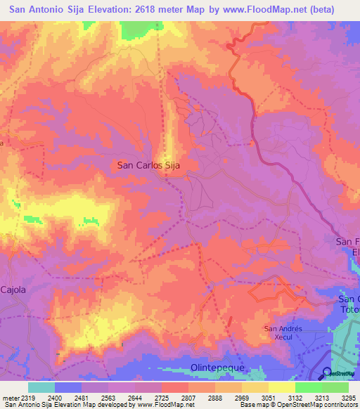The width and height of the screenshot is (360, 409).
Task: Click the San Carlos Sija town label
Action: click(150, 166)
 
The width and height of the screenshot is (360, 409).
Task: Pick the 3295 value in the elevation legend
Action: click(348, 398)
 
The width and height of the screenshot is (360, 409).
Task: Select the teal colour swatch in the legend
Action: click(41, 387)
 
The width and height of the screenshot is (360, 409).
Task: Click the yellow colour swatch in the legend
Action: click(282, 387)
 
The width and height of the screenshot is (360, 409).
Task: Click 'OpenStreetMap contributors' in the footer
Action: click(319, 405)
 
